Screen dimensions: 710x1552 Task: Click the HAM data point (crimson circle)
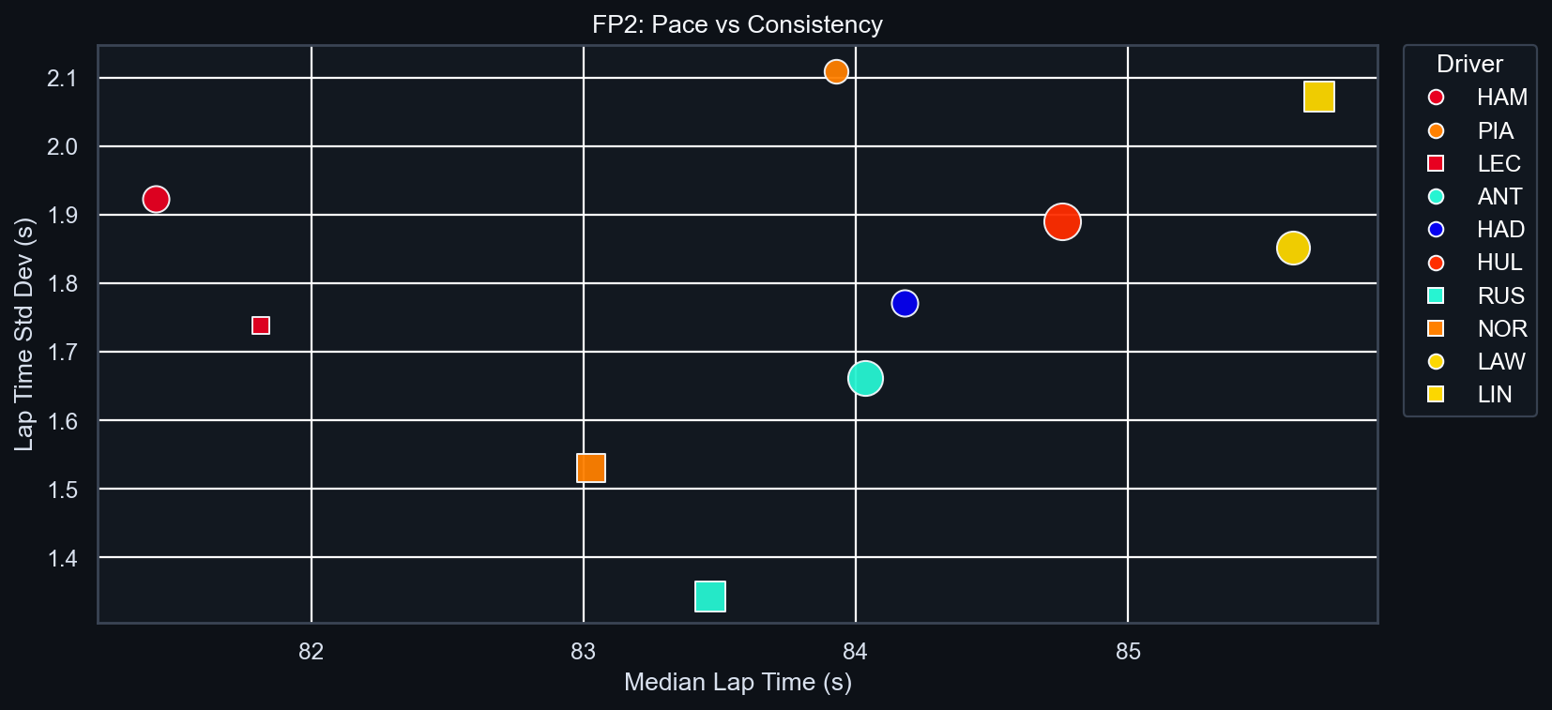pyautogui.click(x=156, y=199)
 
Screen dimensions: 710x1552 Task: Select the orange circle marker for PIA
pyautogui.click(x=836, y=71)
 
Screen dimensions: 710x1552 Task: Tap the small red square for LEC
pyautogui.click(x=261, y=325)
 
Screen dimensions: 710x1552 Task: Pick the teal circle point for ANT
pyautogui.click(x=865, y=379)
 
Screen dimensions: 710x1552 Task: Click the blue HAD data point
pyautogui.click(x=905, y=303)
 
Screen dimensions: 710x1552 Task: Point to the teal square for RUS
pyautogui.click(x=710, y=597)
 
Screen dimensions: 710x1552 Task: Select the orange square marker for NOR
pyautogui.click(x=591, y=468)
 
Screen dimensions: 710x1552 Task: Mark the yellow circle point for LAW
pyautogui.click(x=1293, y=249)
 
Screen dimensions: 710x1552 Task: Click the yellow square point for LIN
pyautogui.click(x=1319, y=97)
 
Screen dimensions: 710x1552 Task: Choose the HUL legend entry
pyautogui.click(x=1499, y=263)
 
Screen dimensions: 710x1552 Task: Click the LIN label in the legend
pyautogui.click(x=1494, y=395)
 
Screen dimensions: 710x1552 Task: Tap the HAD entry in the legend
pyautogui.click(x=1499, y=230)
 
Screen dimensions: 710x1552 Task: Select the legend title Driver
pyautogui.click(x=1469, y=64)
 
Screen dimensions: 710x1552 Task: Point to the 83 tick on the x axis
pyautogui.click(x=584, y=652)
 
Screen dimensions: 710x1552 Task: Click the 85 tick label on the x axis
pyautogui.click(x=1128, y=652)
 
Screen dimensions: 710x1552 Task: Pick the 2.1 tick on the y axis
pyautogui.click(x=62, y=78)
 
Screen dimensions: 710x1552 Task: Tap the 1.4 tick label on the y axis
pyautogui.click(x=62, y=559)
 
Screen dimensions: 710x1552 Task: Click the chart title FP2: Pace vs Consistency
pyautogui.click(x=738, y=24)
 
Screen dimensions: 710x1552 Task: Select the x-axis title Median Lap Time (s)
pyautogui.click(x=738, y=682)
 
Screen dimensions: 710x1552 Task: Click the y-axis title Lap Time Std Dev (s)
pyautogui.click(x=24, y=334)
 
